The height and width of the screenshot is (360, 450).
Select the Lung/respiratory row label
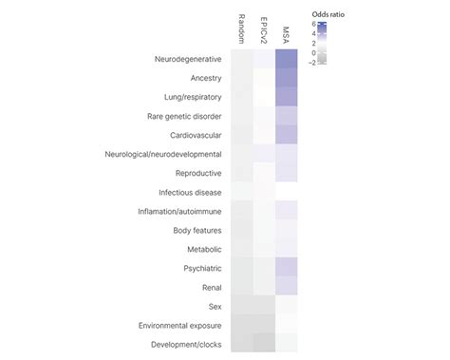196,97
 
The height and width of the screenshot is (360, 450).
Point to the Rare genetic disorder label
185,116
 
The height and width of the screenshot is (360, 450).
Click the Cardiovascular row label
197,135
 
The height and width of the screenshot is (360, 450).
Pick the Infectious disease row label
191,192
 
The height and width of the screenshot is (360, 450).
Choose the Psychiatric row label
201,268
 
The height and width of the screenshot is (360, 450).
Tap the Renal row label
211,287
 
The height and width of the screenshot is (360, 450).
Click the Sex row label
216,306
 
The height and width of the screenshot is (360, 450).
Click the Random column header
241,28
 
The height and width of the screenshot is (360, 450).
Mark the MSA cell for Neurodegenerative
287,59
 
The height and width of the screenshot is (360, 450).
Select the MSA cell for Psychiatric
287,268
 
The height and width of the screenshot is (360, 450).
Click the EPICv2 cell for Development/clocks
264,344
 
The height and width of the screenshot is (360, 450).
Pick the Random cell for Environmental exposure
241,325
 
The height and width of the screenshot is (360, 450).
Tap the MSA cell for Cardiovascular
287,135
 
